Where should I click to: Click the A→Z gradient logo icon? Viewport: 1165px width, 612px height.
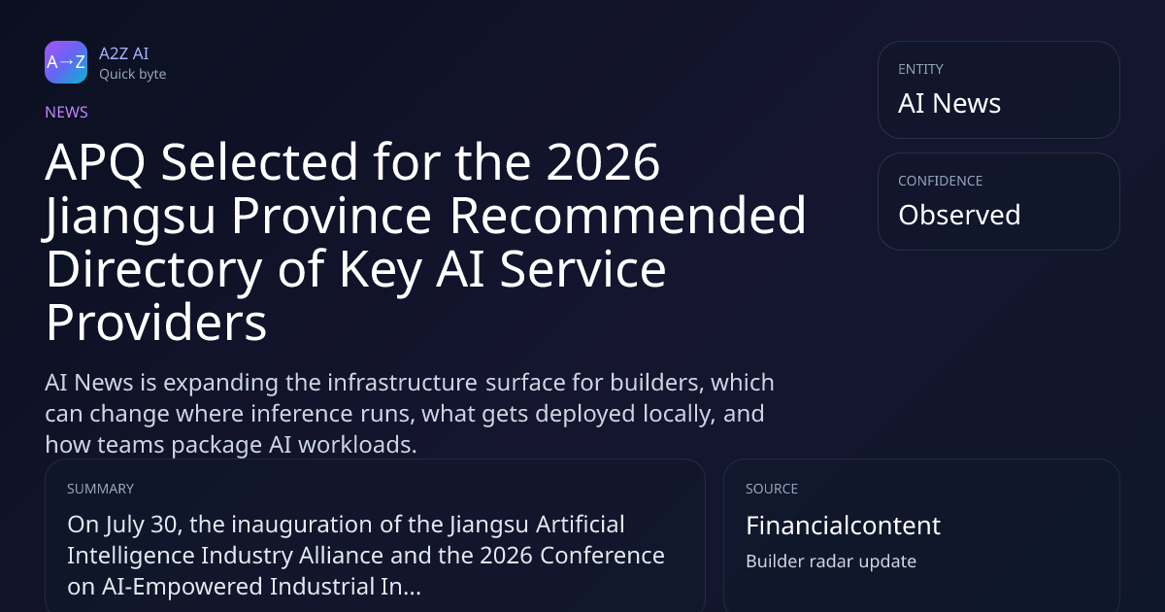point(66,62)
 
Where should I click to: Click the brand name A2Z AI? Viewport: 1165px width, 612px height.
point(124,53)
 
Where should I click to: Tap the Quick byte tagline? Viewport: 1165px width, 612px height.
point(133,75)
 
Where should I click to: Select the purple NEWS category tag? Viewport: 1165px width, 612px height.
point(66,112)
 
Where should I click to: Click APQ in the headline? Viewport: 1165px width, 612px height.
point(95,162)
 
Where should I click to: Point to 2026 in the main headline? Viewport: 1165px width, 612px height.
point(603,162)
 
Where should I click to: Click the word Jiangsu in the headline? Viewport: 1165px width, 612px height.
point(128,216)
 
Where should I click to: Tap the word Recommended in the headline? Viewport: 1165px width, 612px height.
point(627,216)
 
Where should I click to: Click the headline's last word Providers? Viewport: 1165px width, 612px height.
point(156,323)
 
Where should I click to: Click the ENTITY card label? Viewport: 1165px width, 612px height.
point(920,69)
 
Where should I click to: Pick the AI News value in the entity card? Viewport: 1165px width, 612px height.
point(949,103)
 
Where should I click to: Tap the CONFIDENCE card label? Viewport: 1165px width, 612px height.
point(941,181)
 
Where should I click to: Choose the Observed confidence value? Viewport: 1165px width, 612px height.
point(959,215)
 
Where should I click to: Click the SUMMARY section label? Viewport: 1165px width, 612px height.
point(100,489)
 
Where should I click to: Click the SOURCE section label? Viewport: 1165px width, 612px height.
point(772,489)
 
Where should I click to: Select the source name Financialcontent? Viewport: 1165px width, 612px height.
point(843,526)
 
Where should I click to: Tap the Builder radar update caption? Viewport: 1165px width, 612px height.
point(831,561)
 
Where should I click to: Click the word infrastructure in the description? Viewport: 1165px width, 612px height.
point(402,383)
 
